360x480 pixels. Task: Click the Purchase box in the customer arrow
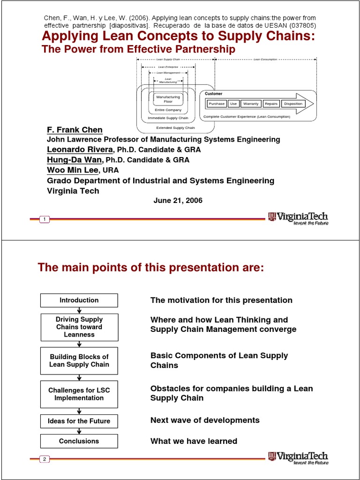(217, 104)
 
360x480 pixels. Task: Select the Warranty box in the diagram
(251, 104)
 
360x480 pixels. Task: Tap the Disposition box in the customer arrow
(293, 104)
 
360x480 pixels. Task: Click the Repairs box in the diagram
(271, 104)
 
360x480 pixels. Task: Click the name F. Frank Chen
(75, 130)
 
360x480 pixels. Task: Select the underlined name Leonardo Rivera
(80, 150)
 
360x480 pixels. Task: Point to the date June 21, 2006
(178, 200)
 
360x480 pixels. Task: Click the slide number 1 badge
(44, 220)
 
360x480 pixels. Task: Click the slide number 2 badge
(44, 459)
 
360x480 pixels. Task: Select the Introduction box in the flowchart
(79, 300)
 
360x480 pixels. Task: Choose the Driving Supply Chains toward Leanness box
(79, 327)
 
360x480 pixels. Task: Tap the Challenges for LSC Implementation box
(79, 394)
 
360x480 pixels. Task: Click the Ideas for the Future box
(79, 421)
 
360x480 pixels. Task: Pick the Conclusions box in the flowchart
(79, 441)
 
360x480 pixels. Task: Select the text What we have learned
(194, 441)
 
